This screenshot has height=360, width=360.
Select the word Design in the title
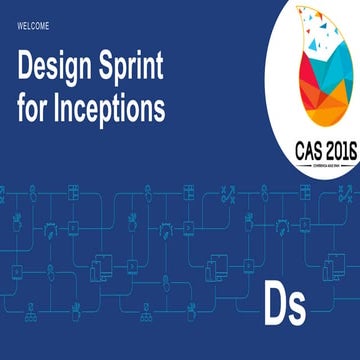click(x=59, y=66)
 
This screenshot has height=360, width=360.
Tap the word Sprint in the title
click(x=139, y=66)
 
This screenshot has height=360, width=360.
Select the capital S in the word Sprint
click(x=112, y=66)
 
